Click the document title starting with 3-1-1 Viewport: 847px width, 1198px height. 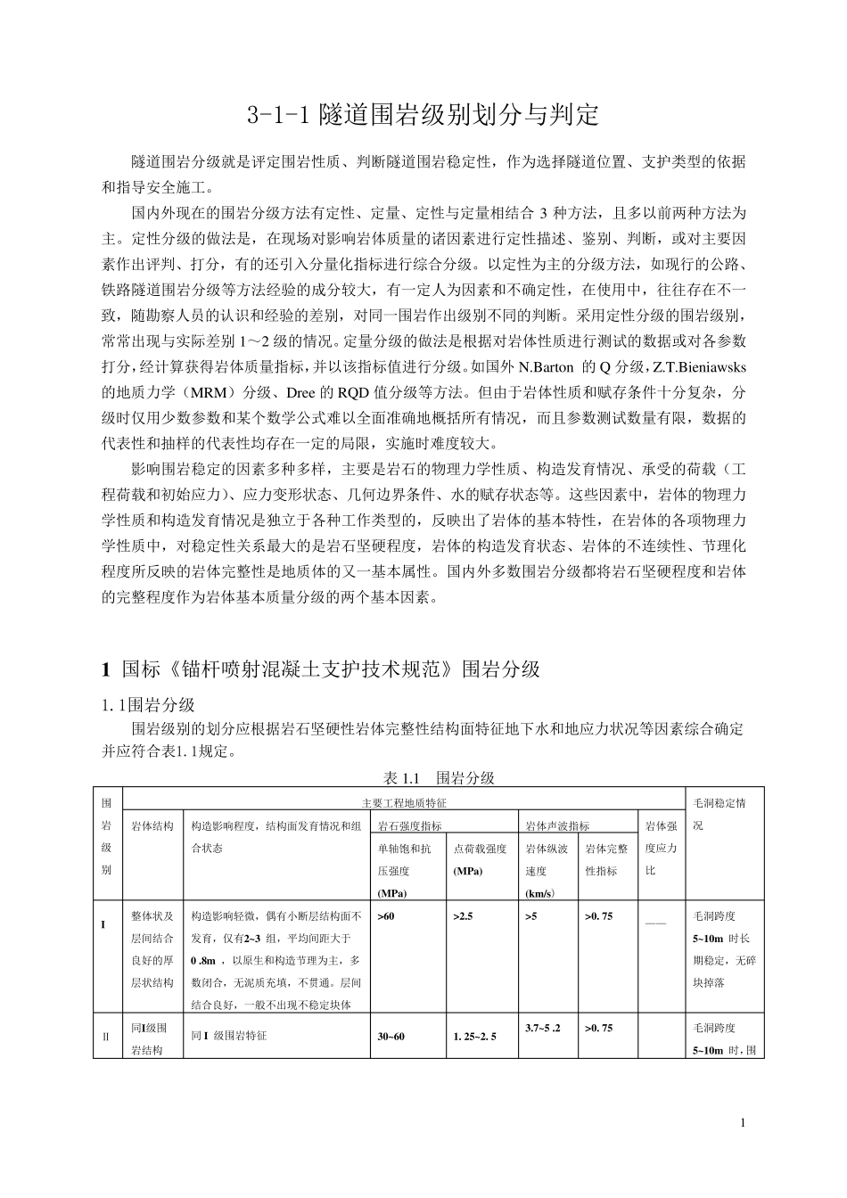pyautogui.click(x=423, y=115)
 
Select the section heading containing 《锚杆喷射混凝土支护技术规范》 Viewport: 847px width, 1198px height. pyautogui.click(x=322, y=669)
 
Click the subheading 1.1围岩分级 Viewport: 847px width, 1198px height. pyautogui.click(x=148, y=705)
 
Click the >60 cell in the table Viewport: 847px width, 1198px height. pyautogui.click(x=386, y=915)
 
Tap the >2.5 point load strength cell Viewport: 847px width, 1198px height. pyautogui.click(x=463, y=915)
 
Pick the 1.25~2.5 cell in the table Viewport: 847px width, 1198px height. pyautogui.click(x=474, y=1037)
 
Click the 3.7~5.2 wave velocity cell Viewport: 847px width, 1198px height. pyautogui.click(x=543, y=1028)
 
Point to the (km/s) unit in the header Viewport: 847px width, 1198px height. pyautogui.click(x=539, y=893)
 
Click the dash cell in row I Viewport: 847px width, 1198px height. pyautogui.click(x=655, y=922)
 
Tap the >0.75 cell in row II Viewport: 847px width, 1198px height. pyautogui.click(x=598, y=1028)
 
